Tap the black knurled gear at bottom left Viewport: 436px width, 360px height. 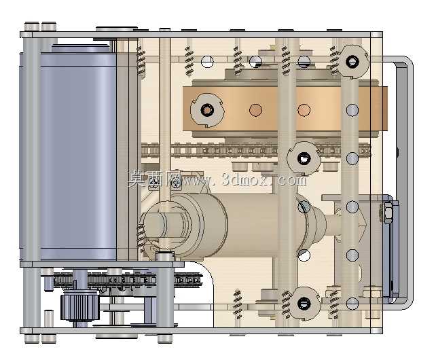click(79, 306)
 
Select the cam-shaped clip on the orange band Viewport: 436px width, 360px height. click(207, 110)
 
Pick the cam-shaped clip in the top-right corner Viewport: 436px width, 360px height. click(352, 62)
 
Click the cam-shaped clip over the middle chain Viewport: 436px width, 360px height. click(304, 158)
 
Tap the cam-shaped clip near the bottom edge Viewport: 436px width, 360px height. click(304, 303)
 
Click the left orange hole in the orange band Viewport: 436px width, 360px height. click(255, 110)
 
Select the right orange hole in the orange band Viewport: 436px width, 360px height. click(304, 110)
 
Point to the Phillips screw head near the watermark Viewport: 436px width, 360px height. click(175, 183)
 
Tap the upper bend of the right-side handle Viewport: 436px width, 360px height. click(407, 62)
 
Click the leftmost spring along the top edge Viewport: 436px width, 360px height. click(141, 60)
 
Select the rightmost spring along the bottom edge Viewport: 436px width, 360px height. click(333, 304)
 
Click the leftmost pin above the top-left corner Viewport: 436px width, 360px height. click(32, 26)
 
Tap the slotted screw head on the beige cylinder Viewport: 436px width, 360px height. click(304, 206)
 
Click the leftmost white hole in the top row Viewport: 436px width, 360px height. click(207, 62)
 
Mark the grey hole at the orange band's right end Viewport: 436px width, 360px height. click(352, 110)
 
